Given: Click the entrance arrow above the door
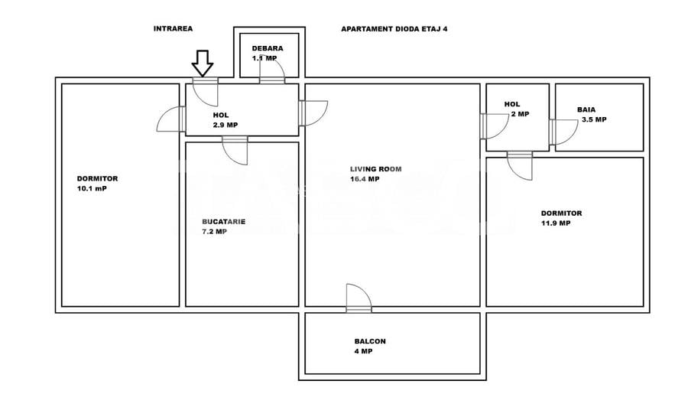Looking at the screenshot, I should click(203, 62).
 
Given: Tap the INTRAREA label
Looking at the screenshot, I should click(173, 28).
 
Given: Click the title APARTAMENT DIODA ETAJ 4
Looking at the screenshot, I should click(394, 28).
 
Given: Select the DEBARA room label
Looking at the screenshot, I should click(268, 48).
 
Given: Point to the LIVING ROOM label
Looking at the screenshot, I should click(375, 169).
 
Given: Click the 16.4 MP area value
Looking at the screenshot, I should click(365, 179).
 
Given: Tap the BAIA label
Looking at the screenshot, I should click(586, 109).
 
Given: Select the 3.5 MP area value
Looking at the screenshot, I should click(593, 119).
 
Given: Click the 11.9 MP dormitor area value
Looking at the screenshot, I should click(556, 223).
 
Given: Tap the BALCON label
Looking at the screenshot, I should click(369, 342).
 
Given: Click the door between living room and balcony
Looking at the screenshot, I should click(358, 299).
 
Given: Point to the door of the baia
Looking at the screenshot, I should click(561, 132).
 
